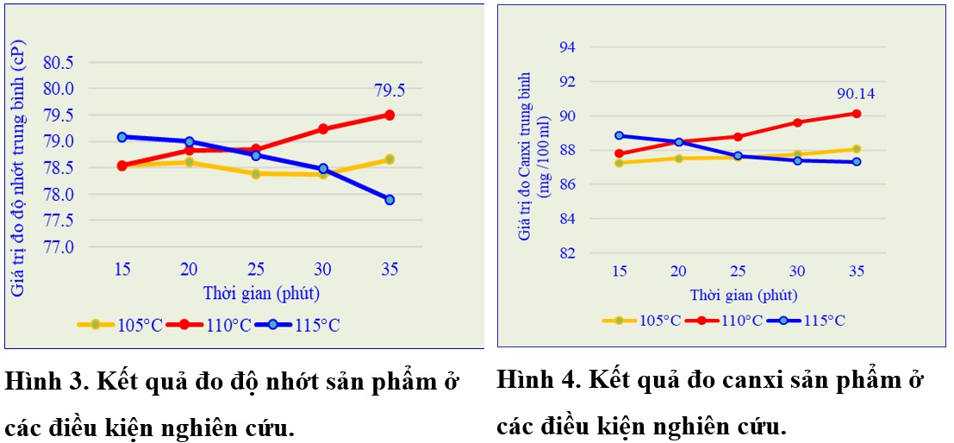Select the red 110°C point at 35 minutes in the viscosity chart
(390, 115)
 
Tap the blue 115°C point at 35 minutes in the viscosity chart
(390, 199)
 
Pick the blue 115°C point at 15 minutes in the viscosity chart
(122, 137)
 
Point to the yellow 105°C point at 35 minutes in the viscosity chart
(390, 159)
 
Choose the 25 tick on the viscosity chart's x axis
(256, 269)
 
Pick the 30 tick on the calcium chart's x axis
(797, 271)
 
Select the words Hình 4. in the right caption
(536, 380)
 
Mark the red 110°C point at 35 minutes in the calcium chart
(856, 113)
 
